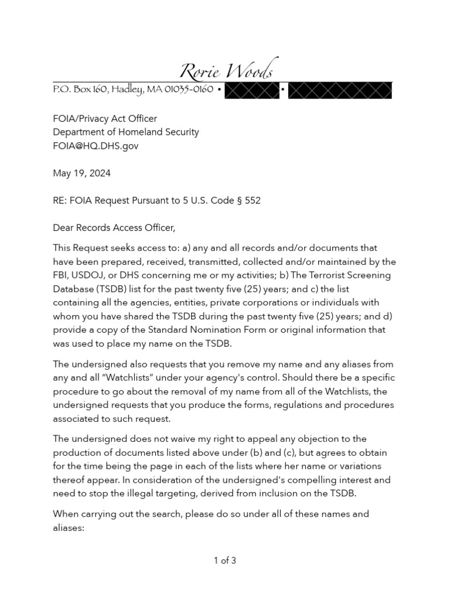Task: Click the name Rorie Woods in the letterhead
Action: [x=226, y=71]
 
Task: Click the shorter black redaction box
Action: [x=251, y=90]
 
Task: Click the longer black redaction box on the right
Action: [x=340, y=90]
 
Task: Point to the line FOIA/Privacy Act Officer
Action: [x=105, y=119]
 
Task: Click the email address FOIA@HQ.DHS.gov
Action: [x=96, y=146]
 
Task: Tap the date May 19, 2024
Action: [x=81, y=173]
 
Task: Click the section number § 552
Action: [x=248, y=200]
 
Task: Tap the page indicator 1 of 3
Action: [x=225, y=561]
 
